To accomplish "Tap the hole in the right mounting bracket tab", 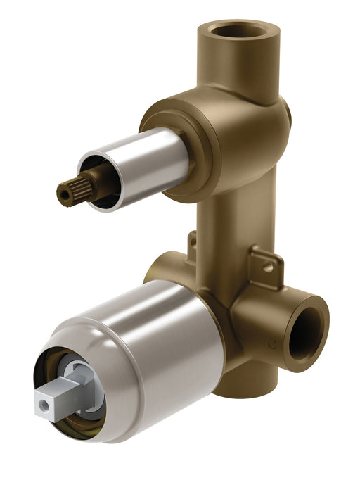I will pyautogui.click(x=268, y=267).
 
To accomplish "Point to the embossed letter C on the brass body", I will pyautogui.click(x=271, y=343).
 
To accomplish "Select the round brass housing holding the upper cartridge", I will pyautogui.click(x=225, y=141).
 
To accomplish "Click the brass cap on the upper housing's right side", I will pyautogui.click(x=287, y=116).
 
